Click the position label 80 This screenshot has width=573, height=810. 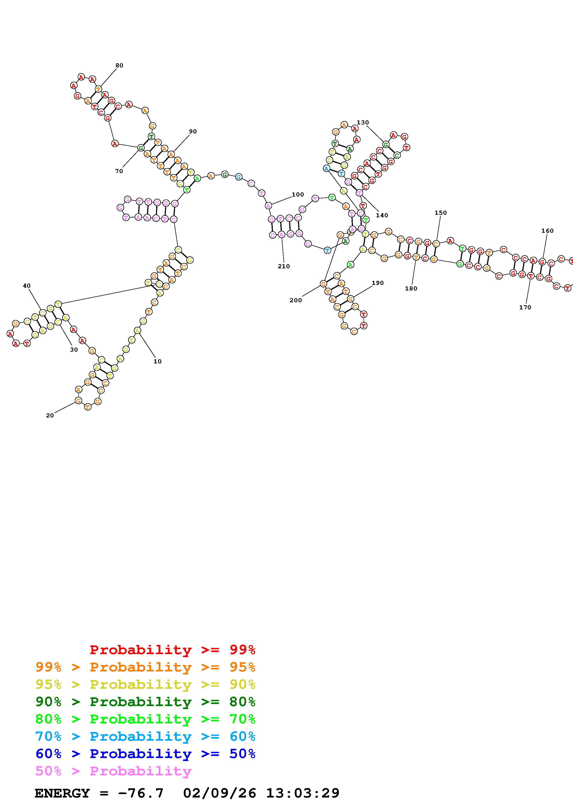coord(119,65)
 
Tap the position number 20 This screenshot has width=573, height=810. coord(50,416)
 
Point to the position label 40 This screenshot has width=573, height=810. coord(27,286)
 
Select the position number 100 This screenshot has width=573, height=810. coord(298,194)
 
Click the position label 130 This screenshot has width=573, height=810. coord(363,122)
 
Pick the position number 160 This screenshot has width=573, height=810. coord(547,231)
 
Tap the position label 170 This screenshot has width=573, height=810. coord(525,307)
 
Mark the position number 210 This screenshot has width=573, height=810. coord(284,266)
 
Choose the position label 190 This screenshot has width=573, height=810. coord(377,283)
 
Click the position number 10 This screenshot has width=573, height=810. coord(157,361)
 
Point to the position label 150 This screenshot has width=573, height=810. coord(440,213)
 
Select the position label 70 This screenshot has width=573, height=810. coord(119,171)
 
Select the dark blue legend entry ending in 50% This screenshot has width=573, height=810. coord(145,754)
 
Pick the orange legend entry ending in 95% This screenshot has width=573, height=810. coord(145,667)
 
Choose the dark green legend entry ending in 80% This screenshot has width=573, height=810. coord(145,702)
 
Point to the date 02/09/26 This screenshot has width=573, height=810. coord(220,793)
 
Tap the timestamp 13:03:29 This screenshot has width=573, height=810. coord(303,793)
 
